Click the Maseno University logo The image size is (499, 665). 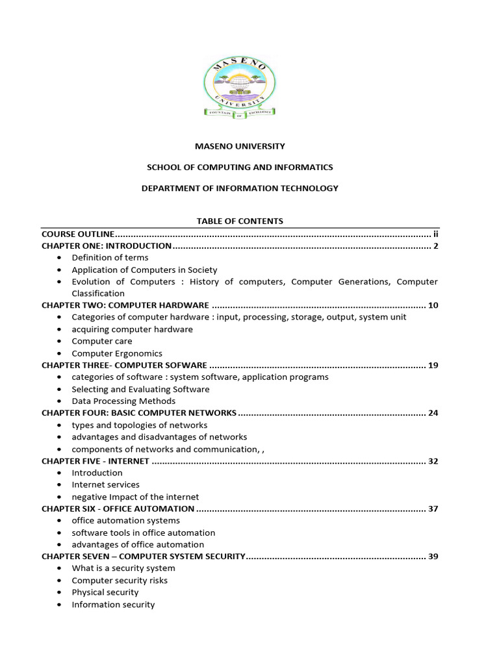tap(240, 87)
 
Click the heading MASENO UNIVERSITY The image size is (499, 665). tap(240, 147)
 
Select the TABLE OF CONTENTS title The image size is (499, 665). tap(240, 221)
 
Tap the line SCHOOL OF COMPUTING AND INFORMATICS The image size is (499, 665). tap(240, 168)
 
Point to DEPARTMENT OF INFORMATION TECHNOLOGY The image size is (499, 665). tap(240, 188)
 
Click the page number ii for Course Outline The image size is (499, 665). tap(436, 234)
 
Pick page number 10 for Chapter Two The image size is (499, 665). tap(433, 305)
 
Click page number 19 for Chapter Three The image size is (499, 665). tap(433, 365)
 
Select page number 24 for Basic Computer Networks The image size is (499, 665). tap(433, 413)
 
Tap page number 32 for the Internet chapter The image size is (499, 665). tap(433, 461)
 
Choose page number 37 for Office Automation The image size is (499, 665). tap(433, 508)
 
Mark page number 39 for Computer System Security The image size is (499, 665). tap(433, 557)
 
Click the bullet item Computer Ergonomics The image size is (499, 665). tap(117, 353)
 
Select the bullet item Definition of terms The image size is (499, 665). tap(110, 258)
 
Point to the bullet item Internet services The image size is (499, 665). tap(105, 484)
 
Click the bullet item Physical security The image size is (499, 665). tap(105, 592)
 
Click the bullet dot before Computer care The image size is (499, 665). tap(59, 342)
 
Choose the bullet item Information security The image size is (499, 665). tap(113, 605)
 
